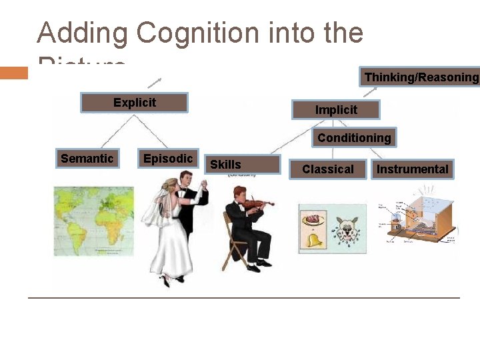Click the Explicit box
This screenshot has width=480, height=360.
pos(134,103)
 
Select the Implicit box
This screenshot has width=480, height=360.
pos(336,110)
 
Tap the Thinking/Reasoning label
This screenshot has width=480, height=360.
pos(421,77)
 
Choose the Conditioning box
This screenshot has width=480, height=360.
pos(354,138)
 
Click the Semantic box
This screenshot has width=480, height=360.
pos(87,159)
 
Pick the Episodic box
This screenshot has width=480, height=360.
pos(167,159)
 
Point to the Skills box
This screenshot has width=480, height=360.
pos(241,165)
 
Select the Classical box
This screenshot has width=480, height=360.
pos(328,169)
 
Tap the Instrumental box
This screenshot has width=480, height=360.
pos(412,169)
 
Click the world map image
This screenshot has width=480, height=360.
pos(93,220)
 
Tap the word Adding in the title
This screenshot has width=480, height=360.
pos(81,33)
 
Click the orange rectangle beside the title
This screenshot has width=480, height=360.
pos(14,73)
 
